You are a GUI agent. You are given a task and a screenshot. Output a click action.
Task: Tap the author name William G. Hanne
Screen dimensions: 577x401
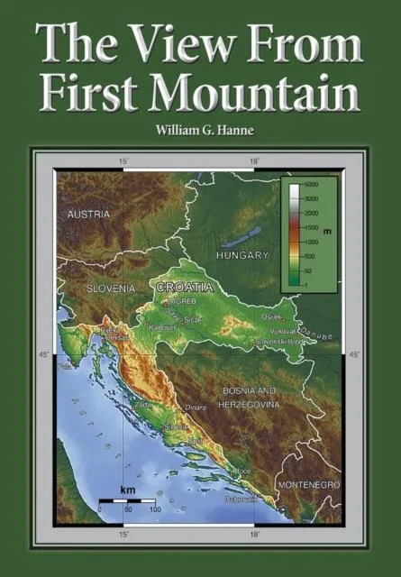coord(200,130)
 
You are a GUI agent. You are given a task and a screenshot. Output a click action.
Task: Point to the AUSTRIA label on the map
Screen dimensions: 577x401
coord(88,215)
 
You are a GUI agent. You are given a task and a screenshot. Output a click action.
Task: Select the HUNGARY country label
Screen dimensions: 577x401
coord(242,256)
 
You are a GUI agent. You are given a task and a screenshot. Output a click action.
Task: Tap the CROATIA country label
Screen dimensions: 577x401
coord(185,287)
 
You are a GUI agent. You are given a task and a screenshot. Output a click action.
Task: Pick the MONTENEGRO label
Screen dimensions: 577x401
coord(308,485)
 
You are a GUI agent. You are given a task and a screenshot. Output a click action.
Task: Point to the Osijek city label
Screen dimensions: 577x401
coord(270,317)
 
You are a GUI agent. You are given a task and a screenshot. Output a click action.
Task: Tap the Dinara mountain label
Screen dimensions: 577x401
coord(196,408)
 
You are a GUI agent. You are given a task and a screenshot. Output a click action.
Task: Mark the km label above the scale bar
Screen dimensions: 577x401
coord(127,489)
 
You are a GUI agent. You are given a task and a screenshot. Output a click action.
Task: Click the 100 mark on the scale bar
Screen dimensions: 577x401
coord(155,509)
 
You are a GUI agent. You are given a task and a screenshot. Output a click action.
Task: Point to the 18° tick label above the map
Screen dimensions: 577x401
coord(255,161)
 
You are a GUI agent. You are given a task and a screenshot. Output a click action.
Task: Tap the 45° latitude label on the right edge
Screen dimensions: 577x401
coord(354,355)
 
